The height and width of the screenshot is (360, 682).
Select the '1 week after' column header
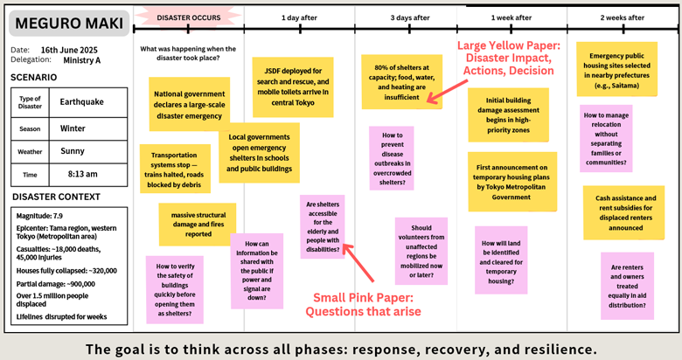point(511,17)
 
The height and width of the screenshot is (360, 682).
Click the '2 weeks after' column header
point(622,17)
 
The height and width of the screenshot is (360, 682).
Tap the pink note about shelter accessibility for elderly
point(323,225)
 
